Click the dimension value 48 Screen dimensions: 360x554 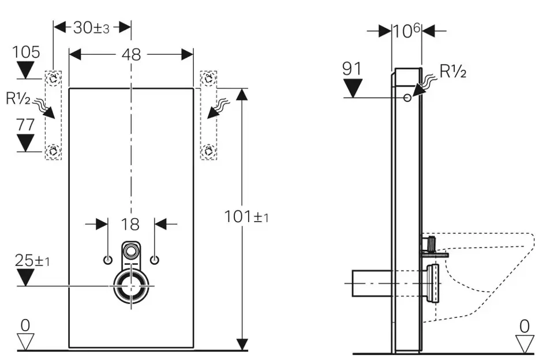pyautogui.click(x=132, y=54)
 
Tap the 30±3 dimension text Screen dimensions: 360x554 pyautogui.click(x=92, y=27)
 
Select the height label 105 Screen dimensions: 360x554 pyautogui.click(x=26, y=52)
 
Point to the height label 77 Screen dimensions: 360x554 pyautogui.click(x=26, y=125)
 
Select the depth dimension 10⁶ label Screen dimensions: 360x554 pyautogui.click(x=406, y=31)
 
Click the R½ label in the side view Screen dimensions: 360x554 pyautogui.click(x=453, y=72)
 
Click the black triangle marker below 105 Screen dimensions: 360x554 pyautogui.click(x=26, y=70)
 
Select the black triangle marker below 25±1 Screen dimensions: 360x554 pyautogui.click(x=26, y=277)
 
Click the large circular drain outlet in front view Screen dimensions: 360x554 pyautogui.click(x=132, y=285)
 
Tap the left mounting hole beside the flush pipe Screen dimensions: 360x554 pyautogui.click(x=108, y=260)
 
